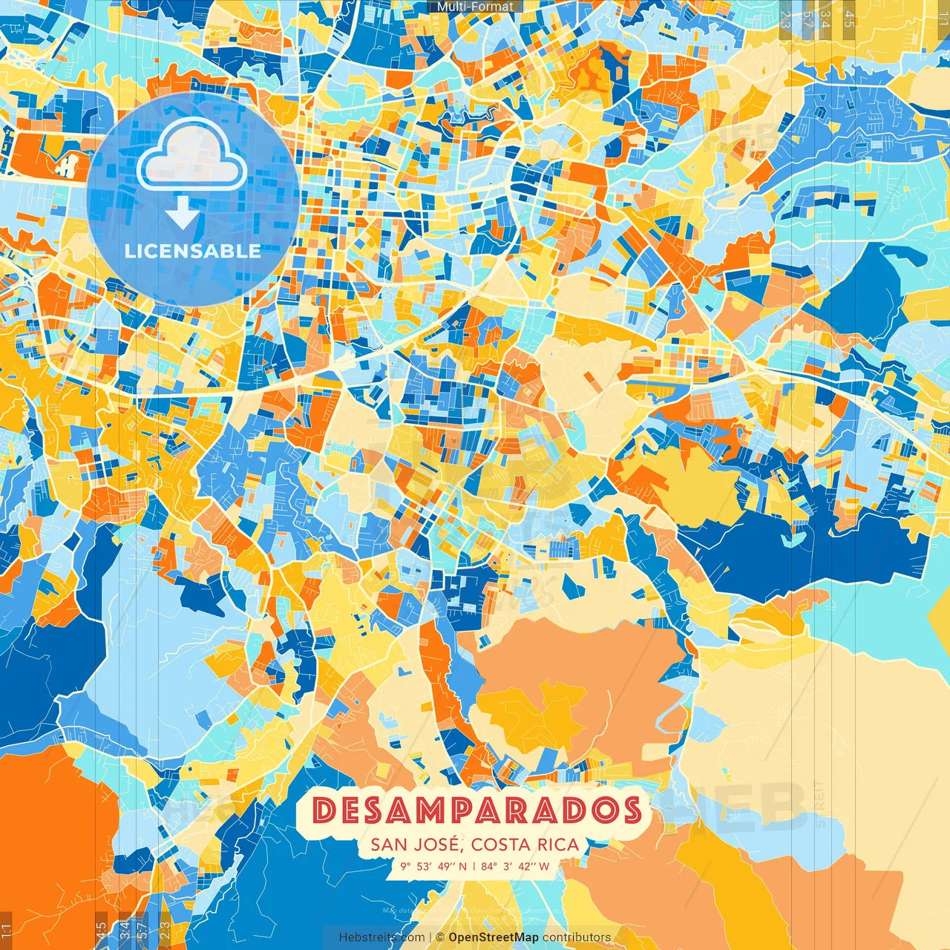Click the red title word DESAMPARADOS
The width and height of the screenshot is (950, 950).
[476, 810]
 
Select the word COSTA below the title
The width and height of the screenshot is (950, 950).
[500, 845]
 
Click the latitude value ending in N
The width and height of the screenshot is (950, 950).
[433, 866]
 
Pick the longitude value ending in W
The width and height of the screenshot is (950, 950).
[515, 866]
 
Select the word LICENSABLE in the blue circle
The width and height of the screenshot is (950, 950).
[193, 251]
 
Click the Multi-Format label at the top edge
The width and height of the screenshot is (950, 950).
[475, 7]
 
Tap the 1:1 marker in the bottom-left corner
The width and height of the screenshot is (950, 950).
[7, 931]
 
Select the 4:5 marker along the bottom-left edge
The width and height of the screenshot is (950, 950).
[101, 931]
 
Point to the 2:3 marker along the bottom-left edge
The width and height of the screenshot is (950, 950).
[165, 931]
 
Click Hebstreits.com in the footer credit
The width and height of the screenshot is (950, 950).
[381, 937]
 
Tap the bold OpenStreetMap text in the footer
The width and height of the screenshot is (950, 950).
[494, 937]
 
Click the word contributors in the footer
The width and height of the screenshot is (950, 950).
[577, 937]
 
